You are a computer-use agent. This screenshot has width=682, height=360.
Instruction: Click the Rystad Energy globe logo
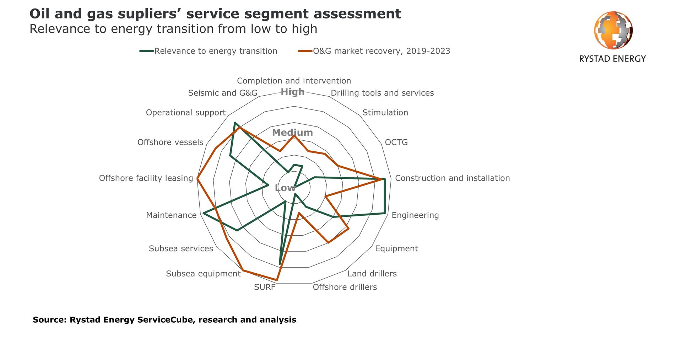613,30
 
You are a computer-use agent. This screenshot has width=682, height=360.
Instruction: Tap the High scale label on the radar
292,92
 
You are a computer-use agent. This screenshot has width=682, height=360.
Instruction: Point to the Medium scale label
292,133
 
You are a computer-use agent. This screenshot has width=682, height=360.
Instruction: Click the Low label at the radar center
285,188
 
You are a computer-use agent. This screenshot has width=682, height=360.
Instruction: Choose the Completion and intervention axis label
294,81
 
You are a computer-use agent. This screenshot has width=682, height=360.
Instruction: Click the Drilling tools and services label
382,93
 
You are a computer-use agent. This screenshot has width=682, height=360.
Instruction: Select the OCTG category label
396,143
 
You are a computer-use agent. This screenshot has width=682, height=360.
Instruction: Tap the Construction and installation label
452,178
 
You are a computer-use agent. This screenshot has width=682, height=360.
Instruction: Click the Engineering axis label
415,215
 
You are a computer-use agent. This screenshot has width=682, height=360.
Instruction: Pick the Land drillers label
372,274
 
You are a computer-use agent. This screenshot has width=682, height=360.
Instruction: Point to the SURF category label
265,287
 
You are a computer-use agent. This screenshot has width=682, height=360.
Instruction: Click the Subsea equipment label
203,274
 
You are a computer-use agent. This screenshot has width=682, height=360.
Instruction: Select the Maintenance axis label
171,215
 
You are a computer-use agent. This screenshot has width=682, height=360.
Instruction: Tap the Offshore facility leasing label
146,178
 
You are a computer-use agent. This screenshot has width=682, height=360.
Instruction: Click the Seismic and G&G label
222,93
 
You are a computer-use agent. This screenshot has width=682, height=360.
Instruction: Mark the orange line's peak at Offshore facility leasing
197,178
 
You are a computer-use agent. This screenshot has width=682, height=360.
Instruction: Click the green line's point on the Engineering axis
384,213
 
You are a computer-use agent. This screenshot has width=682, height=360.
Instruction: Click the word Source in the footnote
49,320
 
